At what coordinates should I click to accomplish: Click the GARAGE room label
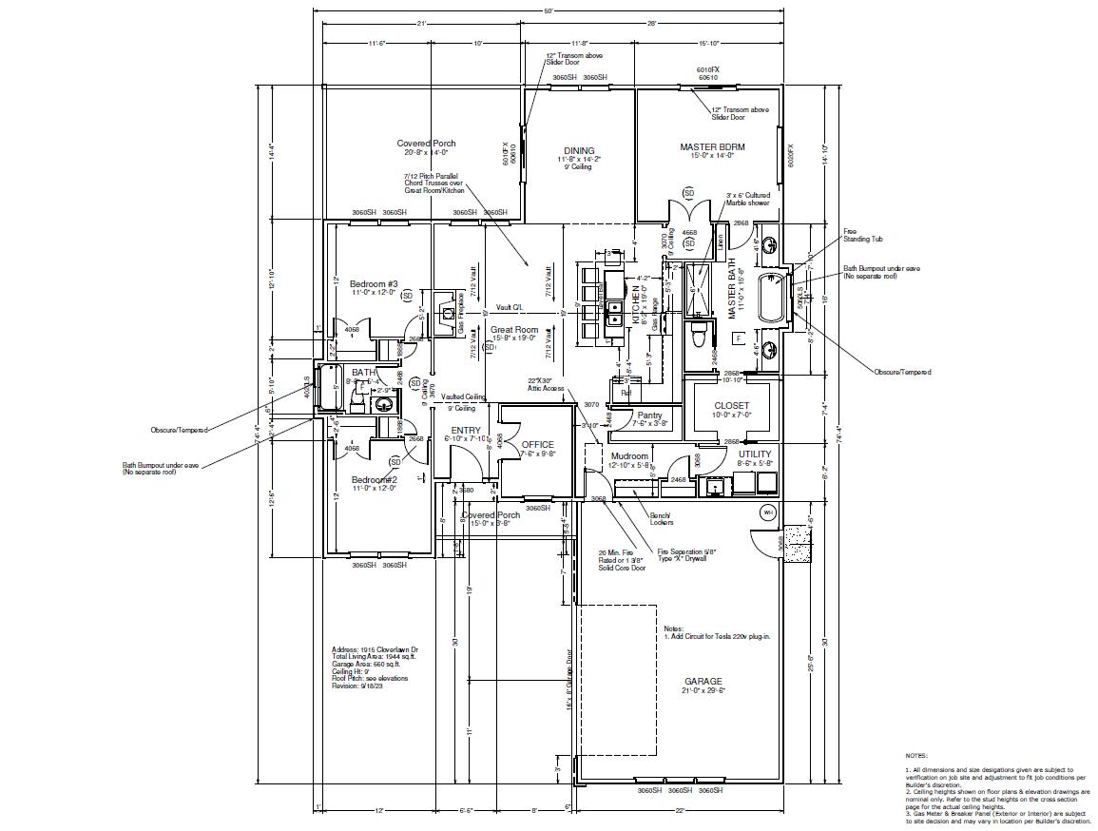click(x=703, y=682)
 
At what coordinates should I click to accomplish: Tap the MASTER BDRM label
click(x=712, y=147)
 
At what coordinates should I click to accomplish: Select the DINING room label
click(x=579, y=151)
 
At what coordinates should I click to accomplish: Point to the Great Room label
click(x=514, y=330)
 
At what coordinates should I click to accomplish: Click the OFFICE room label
click(x=537, y=445)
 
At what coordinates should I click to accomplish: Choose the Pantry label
click(x=650, y=415)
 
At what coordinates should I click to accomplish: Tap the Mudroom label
click(x=630, y=456)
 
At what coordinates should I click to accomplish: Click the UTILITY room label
click(x=756, y=454)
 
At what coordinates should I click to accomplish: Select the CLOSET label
click(x=732, y=406)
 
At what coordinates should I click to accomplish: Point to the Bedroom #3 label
click(x=374, y=284)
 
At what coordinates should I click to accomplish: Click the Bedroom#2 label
click(x=374, y=480)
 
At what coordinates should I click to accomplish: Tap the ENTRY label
click(x=465, y=431)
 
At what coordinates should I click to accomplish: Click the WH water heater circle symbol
click(x=768, y=512)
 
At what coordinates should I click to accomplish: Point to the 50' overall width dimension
click(x=549, y=10)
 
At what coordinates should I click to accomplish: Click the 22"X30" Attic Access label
click(x=547, y=384)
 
